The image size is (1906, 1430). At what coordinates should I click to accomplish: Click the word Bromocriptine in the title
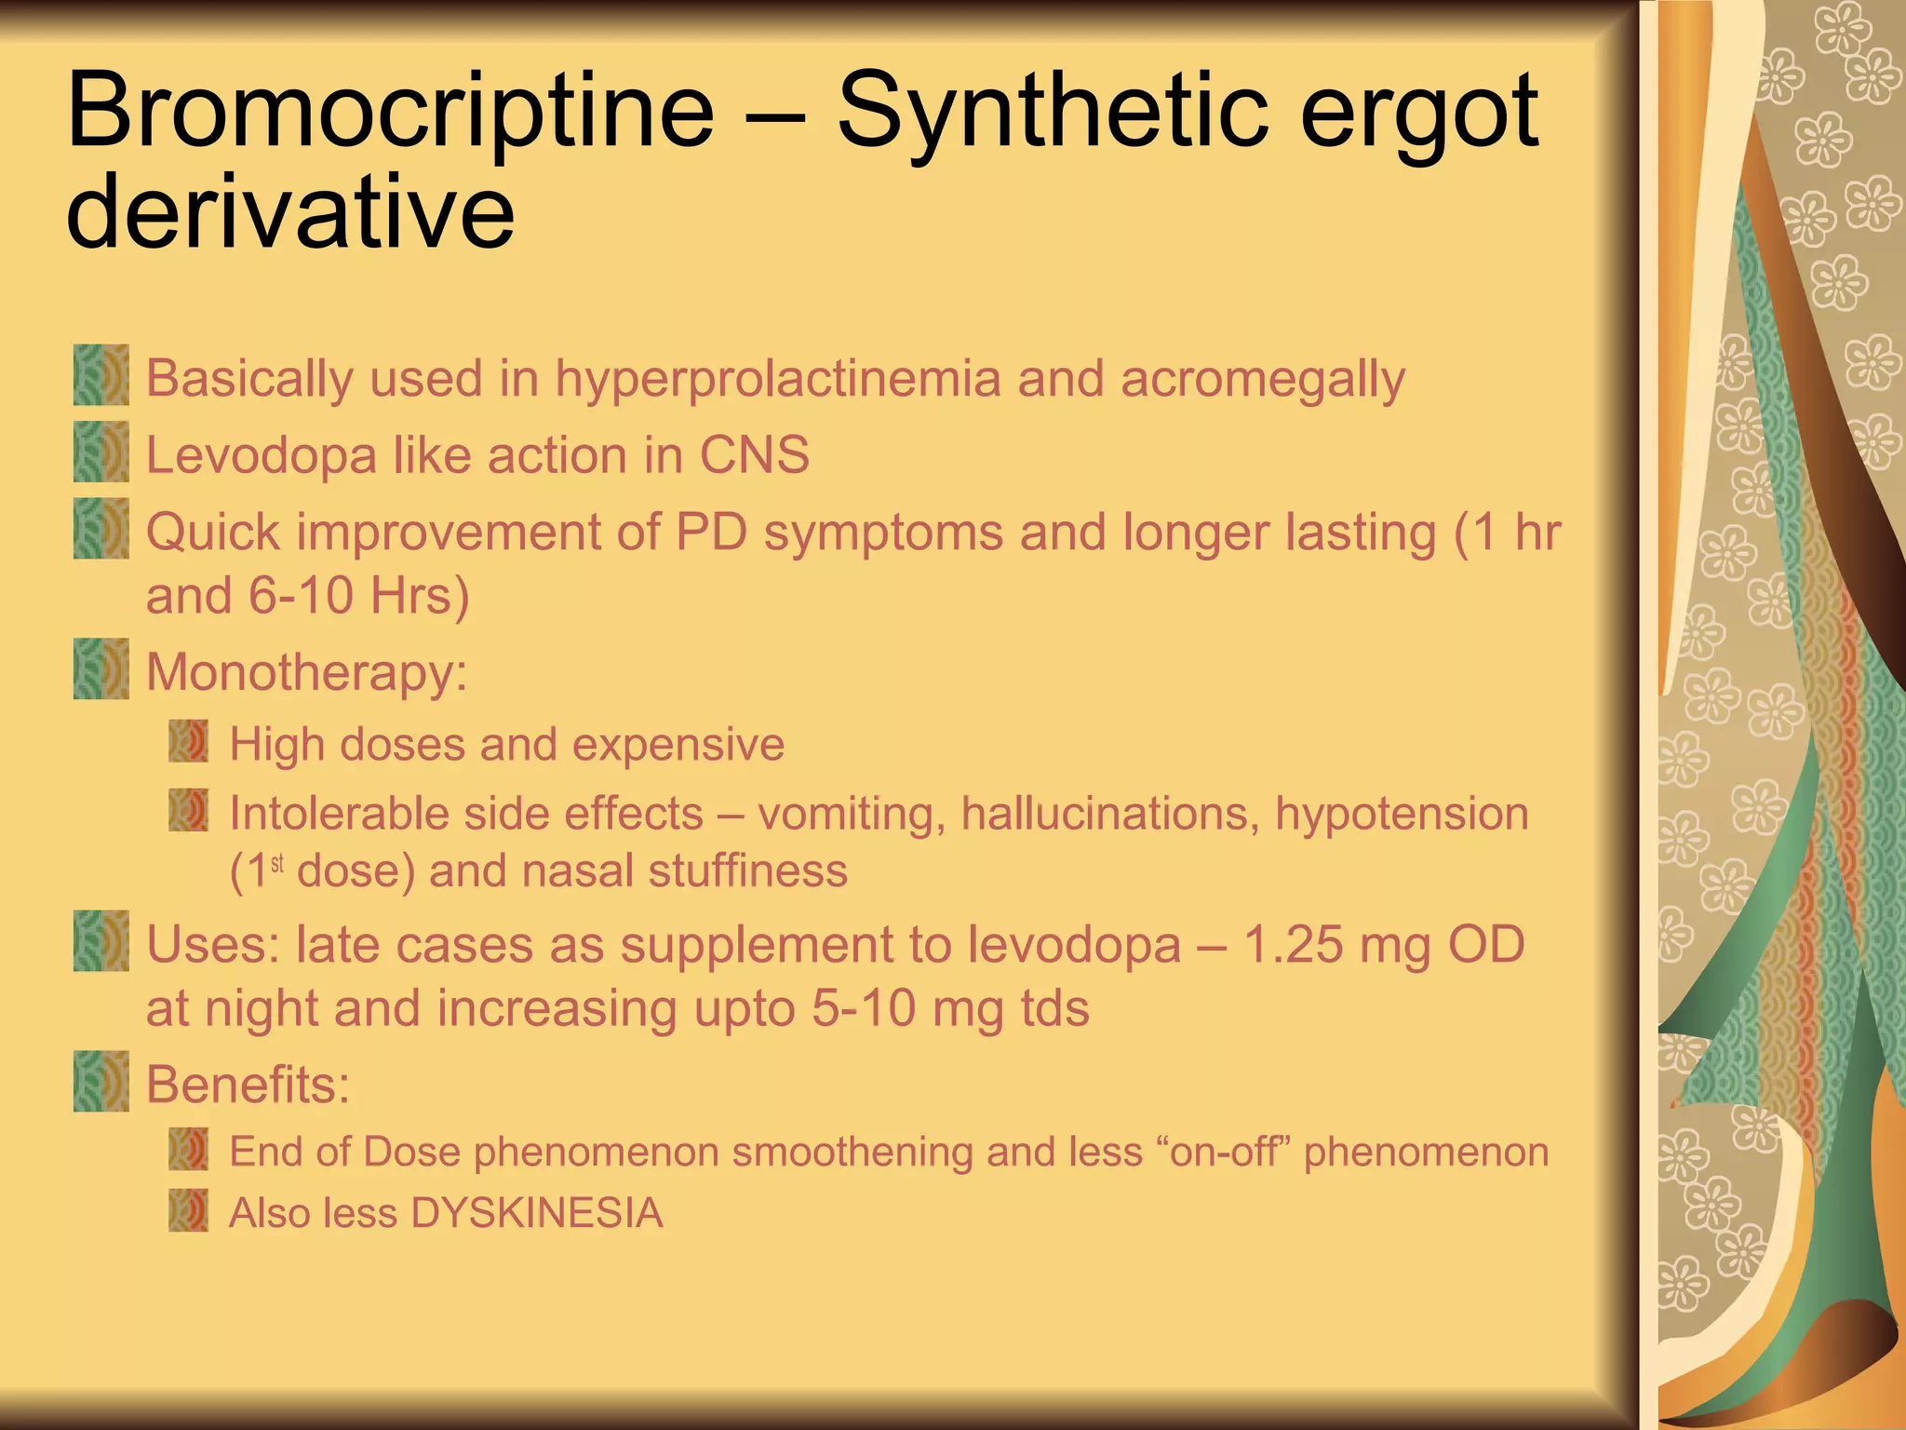tap(391, 114)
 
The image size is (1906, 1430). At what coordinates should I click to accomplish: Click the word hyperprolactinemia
tap(778, 380)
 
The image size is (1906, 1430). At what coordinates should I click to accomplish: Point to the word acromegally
tap(1262, 380)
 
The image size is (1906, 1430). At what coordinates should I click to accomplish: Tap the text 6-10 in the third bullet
tap(301, 596)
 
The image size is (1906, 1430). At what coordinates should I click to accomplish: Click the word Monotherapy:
tap(307, 672)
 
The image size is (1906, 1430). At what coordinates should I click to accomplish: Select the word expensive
tap(678, 745)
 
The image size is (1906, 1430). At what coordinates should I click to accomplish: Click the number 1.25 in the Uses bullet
tap(1293, 945)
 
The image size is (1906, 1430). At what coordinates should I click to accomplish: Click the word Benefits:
tap(248, 1085)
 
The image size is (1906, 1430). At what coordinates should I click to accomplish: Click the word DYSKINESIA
tap(536, 1213)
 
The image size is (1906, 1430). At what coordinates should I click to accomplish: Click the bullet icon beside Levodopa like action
tap(101, 452)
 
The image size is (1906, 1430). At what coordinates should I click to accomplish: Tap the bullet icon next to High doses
tap(189, 742)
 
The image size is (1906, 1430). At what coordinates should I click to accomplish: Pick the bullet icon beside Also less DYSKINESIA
tap(189, 1211)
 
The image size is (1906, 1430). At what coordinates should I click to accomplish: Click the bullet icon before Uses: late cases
tap(101, 941)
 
